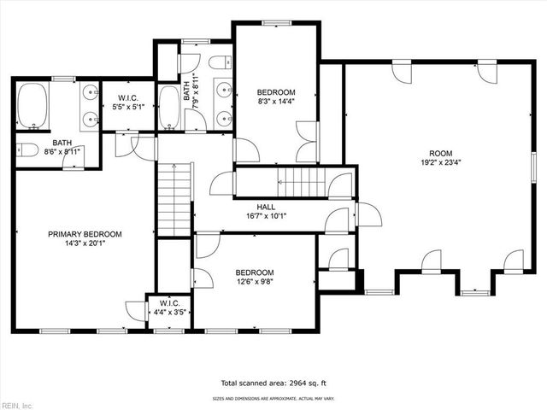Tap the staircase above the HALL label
tap(300, 181)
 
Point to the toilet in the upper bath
tap(221, 62)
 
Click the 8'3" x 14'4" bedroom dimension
tap(277, 102)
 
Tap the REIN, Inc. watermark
tap(17, 404)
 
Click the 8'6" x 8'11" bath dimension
tap(62, 152)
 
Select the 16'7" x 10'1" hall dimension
tap(266, 216)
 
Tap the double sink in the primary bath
tap(91, 107)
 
